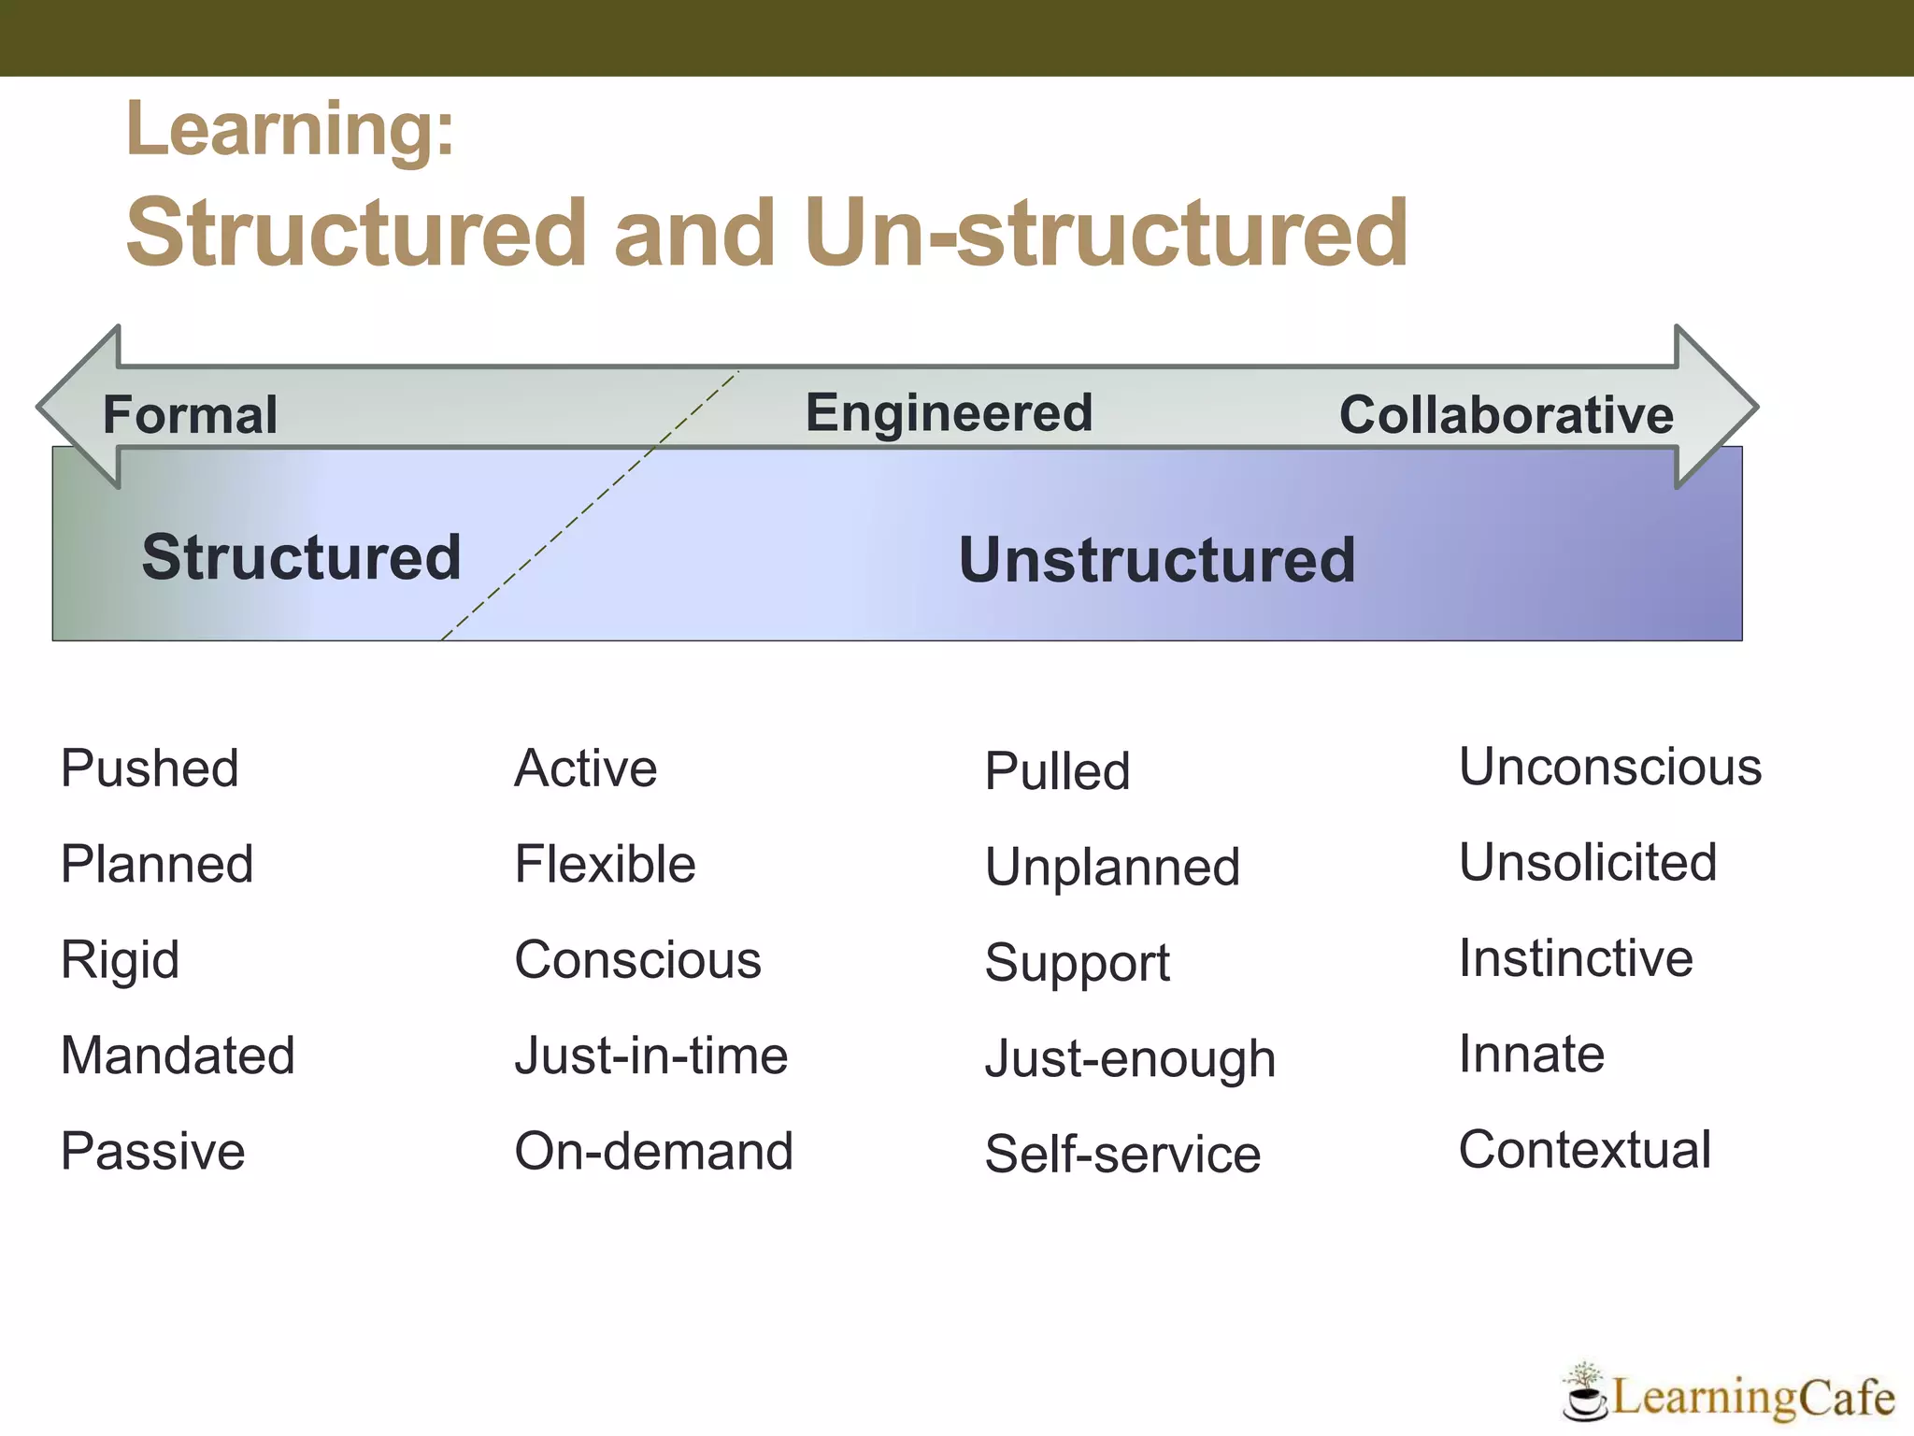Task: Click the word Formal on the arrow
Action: click(x=190, y=415)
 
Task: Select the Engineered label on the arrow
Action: click(x=949, y=413)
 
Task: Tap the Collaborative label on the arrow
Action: click(x=1506, y=415)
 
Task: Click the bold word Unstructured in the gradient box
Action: click(x=1157, y=560)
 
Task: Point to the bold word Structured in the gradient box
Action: click(x=301, y=557)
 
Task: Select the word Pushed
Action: click(x=150, y=768)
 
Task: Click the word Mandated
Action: click(x=178, y=1055)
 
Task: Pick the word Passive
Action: click(x=152, y=1151)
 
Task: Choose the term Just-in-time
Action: click(x=651, y=1055)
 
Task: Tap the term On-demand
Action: click(x=653, y=1151)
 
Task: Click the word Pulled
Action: click(x=1057, y=771)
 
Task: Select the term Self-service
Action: click(x=1122, y=1154)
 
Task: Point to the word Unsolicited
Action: click(x=1588, y=862)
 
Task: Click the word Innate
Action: click(x=1532, y=1054)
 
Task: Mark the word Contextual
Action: click(x=1585, y=1149)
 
